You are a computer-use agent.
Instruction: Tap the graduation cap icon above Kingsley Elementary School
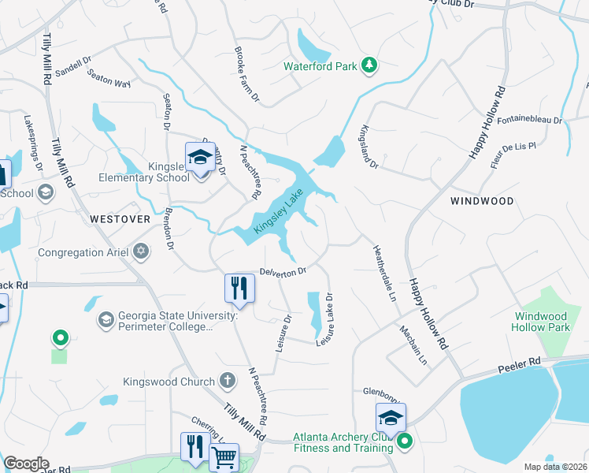[x=200, y=157]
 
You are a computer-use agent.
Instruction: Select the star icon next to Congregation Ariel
[x=141, y=253]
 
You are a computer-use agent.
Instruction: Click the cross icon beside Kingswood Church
[x=227, y=382]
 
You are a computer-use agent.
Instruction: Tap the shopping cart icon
[x=224, y=456]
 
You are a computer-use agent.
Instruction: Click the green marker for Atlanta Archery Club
[x=405, y=441]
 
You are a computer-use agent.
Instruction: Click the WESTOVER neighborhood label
[x=120, y=218]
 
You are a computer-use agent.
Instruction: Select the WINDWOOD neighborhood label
[x=482, y=201]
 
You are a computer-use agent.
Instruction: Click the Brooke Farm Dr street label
[x=246, y=76]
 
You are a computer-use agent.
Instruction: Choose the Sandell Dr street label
[x=73, y=61]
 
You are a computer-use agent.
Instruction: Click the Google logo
[x=26, y=464]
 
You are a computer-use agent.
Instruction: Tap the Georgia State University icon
[x=106, y=320]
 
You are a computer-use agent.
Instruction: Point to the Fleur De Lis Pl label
[x=511, y=147]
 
